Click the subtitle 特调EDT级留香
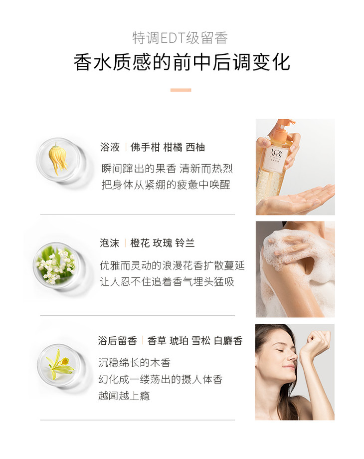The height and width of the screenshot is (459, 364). click(x=180, y=38)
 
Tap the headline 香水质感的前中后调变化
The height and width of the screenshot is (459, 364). click(x=182, y=62)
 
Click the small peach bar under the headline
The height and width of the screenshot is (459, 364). click(x=181, y=90)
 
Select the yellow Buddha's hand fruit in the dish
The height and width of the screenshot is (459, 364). click(x=58, y=158)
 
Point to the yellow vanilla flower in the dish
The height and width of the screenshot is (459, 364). click(x=59, y=364)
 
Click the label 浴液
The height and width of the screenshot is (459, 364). click(x=110, y=147)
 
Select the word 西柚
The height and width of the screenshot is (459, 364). click(x=195, y=147)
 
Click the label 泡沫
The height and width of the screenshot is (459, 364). click(x=109, y=243)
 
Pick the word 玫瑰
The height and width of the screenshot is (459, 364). click(x=163, y=243)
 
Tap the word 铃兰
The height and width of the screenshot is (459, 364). click(x=185, y=243)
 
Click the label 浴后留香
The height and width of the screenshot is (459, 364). click(x=118, y=340)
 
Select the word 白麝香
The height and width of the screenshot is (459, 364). click(x=228, y=340)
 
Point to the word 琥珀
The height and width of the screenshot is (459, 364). click(x=179, y=340)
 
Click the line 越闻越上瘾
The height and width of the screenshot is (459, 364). click(x=124, y=396)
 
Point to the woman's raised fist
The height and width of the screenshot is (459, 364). click(x=317, y=342)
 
